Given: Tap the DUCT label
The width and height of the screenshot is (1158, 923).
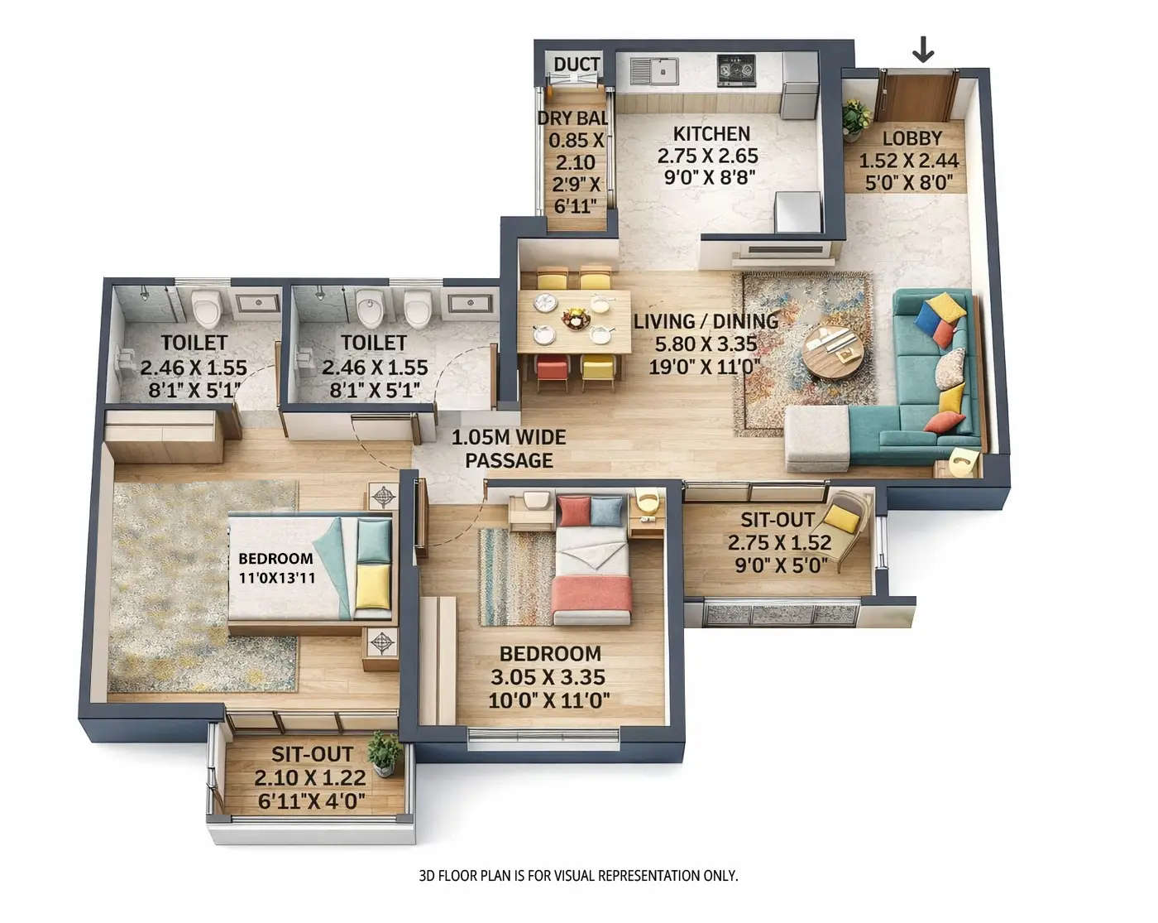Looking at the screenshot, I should (x=577, y=65).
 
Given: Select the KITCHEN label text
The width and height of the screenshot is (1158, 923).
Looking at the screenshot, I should (x=711, y=134).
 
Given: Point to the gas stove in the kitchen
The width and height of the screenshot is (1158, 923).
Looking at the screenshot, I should (x=736, y=70).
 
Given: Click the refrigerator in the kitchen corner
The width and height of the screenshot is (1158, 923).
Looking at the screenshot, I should (x=799, y=85).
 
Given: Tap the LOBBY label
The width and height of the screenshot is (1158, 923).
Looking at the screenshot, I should (x=912, y=138).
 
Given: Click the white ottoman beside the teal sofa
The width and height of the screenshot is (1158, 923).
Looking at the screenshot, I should (x=817, y=437).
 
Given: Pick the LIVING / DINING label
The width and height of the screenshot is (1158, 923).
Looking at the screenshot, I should (x=706, y=321).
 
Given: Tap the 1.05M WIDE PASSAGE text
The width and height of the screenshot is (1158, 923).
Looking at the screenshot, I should (x=509, y=449).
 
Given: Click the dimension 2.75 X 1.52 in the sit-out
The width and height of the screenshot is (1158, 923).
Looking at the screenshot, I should (x=778, y=543).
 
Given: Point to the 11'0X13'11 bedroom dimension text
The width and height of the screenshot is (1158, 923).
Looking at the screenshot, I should (x=276, y=578).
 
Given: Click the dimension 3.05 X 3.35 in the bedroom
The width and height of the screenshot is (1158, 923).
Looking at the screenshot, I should (x=548, y=678).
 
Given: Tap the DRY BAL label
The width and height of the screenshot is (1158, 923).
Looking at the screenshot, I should (x=572, y=118).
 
